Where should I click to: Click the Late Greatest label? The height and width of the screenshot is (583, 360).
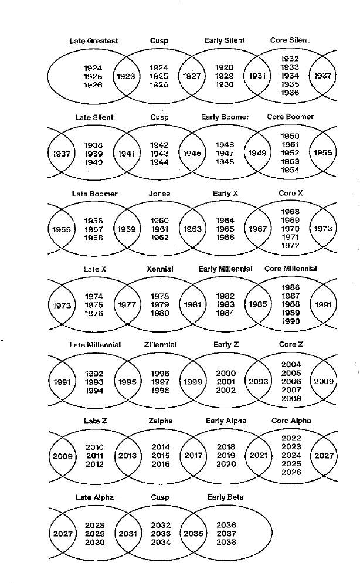93,41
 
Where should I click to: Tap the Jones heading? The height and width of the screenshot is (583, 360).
159,194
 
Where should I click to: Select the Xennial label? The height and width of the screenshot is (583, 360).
160,269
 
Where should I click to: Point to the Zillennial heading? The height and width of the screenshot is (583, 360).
160,345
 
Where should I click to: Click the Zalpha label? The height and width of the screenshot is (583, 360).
160,421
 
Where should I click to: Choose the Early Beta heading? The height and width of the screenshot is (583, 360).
225,497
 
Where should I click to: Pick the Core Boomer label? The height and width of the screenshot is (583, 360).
290,117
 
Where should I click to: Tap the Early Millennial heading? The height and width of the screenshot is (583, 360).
225,269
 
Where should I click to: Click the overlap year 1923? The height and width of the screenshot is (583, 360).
126,76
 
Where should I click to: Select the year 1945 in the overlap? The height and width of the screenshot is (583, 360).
192,153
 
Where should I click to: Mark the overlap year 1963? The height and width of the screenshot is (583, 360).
192,229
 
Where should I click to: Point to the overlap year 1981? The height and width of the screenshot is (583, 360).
192,305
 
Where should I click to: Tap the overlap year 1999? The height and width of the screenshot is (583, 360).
192,381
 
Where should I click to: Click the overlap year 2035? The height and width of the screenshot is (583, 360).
193,534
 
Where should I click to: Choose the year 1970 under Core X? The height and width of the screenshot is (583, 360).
290,229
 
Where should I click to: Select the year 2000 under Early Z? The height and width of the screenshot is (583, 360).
226,373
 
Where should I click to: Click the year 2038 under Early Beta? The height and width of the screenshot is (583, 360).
226,543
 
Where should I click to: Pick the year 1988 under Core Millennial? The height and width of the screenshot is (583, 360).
290,304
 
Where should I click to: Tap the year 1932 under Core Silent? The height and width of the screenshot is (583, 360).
290,59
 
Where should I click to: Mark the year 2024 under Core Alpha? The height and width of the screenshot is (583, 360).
291,455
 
